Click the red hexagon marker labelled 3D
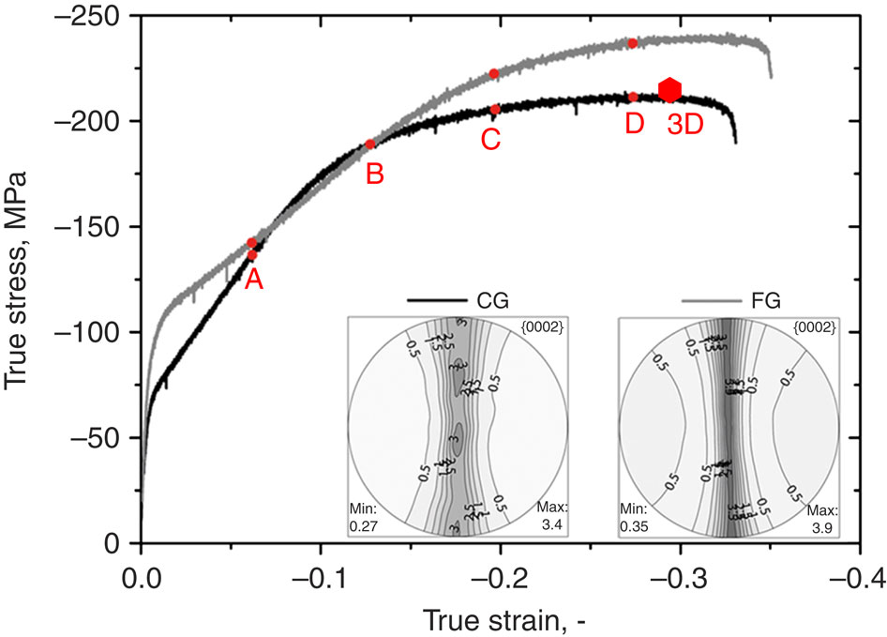[x=669, y=90]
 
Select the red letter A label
[x=252, y=279]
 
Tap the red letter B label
[x=374, y=174]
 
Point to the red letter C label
[x=489, y=139]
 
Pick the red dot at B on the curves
[x=370, y=144]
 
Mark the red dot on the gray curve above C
[x=494, y=73]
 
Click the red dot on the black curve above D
[x=633, y=97]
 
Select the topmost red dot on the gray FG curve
[x=633, y=43]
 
